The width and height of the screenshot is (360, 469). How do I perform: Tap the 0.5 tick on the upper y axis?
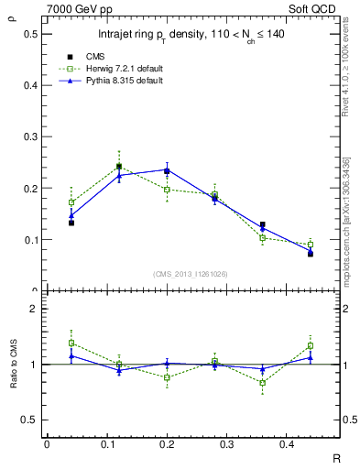coord(28,34)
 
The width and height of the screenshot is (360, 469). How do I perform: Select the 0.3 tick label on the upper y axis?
coord(28,137)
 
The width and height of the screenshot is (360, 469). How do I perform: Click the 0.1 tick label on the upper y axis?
coord(28,240)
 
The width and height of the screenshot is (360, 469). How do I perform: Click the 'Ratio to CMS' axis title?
coord(12,365)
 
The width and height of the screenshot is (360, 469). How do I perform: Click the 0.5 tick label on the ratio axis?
coord(28,420)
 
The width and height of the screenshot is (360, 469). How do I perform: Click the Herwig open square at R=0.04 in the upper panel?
coord(71,202)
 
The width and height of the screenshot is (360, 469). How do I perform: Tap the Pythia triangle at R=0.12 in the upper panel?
coord(119,175)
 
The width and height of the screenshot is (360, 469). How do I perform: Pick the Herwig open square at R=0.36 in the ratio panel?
coord(262,383)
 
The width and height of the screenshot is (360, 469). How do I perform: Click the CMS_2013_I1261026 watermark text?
coord(190,274)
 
